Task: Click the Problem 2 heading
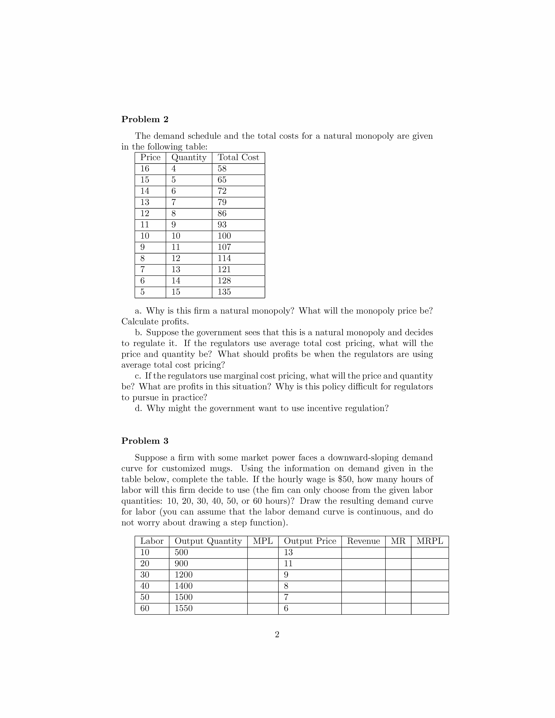coord(145,119)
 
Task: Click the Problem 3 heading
coord(145,441)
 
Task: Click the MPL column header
coord(263,541)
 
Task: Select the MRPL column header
coord(430,541)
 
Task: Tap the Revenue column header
coord(363,541)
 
